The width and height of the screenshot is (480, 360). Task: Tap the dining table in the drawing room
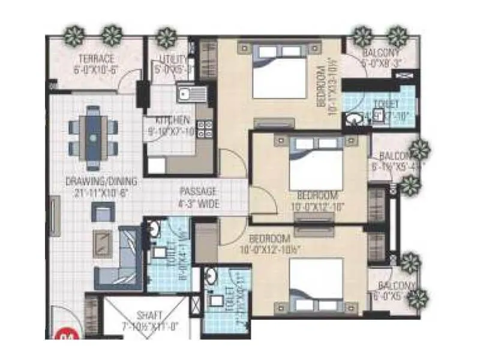92,137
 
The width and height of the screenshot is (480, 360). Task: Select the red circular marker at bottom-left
62,334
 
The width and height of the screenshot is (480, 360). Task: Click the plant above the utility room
166,38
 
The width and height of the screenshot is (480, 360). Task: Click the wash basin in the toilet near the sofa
155,228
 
